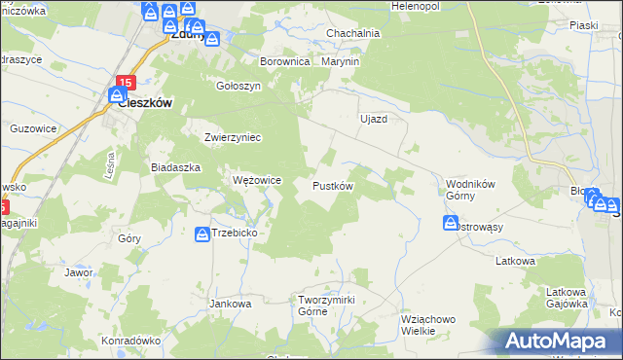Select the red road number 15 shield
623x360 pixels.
tap(124, 82)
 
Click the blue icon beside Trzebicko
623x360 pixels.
tap(202, 234)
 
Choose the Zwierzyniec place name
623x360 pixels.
tap(233, 137)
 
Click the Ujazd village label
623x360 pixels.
tap(374, 119)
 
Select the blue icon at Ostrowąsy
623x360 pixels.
tap(451, 223)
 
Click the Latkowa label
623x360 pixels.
tap(516, 261)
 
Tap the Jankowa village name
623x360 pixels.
tap(231, 303)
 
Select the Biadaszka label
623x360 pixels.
tap(175, 166)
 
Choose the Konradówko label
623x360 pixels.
tap(130, 341)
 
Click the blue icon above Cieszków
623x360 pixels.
tap(115, 96)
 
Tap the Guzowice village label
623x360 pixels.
tap(32, 127)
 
